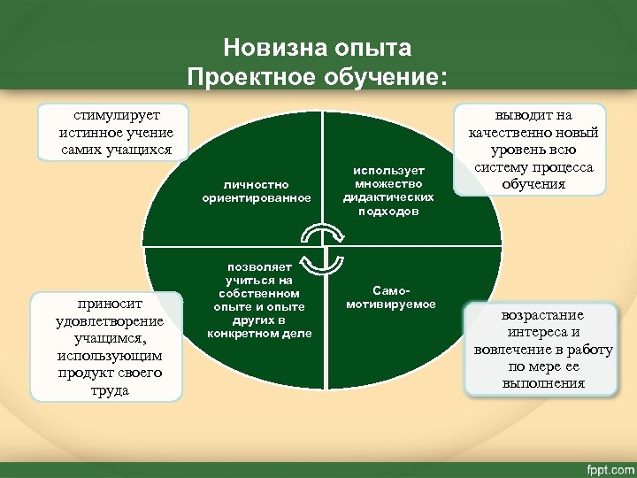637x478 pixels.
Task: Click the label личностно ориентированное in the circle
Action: click(x=256, y=191)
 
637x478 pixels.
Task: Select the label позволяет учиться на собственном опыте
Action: click(x=259, y=301)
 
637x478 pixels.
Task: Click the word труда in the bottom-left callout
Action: click(x=110, y=389)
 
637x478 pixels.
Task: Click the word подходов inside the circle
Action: click(x=388, y=212)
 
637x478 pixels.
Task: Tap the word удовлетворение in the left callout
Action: click(x=110, y=320)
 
